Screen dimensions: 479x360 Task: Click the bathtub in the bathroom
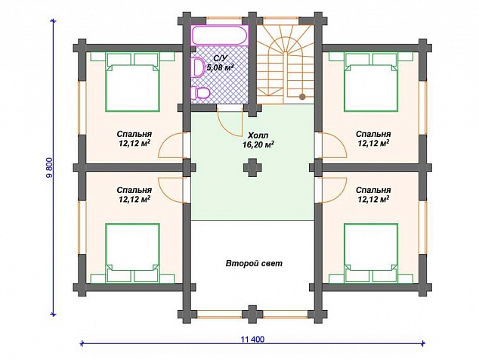click(220, 36)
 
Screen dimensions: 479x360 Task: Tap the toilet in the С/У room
click(199, 93)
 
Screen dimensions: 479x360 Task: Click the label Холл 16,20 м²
click(258, 140)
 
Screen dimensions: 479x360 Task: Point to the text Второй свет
click(254, 263)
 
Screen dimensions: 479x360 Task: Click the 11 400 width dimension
click(252, 340)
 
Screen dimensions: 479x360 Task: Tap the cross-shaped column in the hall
click(252, 168)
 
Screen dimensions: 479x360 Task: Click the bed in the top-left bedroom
click(132, 82)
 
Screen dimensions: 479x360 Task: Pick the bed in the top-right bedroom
click(371, 82)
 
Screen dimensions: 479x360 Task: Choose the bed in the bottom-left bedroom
click(132, 253)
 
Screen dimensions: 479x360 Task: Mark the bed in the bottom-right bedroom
click(371, 253)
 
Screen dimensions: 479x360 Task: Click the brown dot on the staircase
click(302, 97)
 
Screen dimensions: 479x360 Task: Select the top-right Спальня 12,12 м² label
click(373, 138)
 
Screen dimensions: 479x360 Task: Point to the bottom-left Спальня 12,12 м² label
click(134, 195)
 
